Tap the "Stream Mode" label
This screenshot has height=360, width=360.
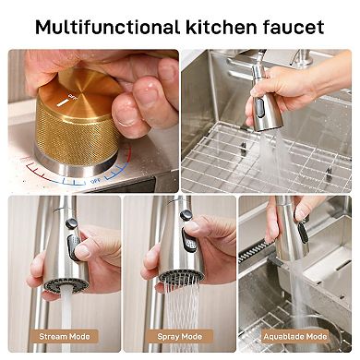[66, 336]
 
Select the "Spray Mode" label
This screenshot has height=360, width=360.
[180, 336]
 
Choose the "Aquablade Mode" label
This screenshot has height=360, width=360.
[295, 336]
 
